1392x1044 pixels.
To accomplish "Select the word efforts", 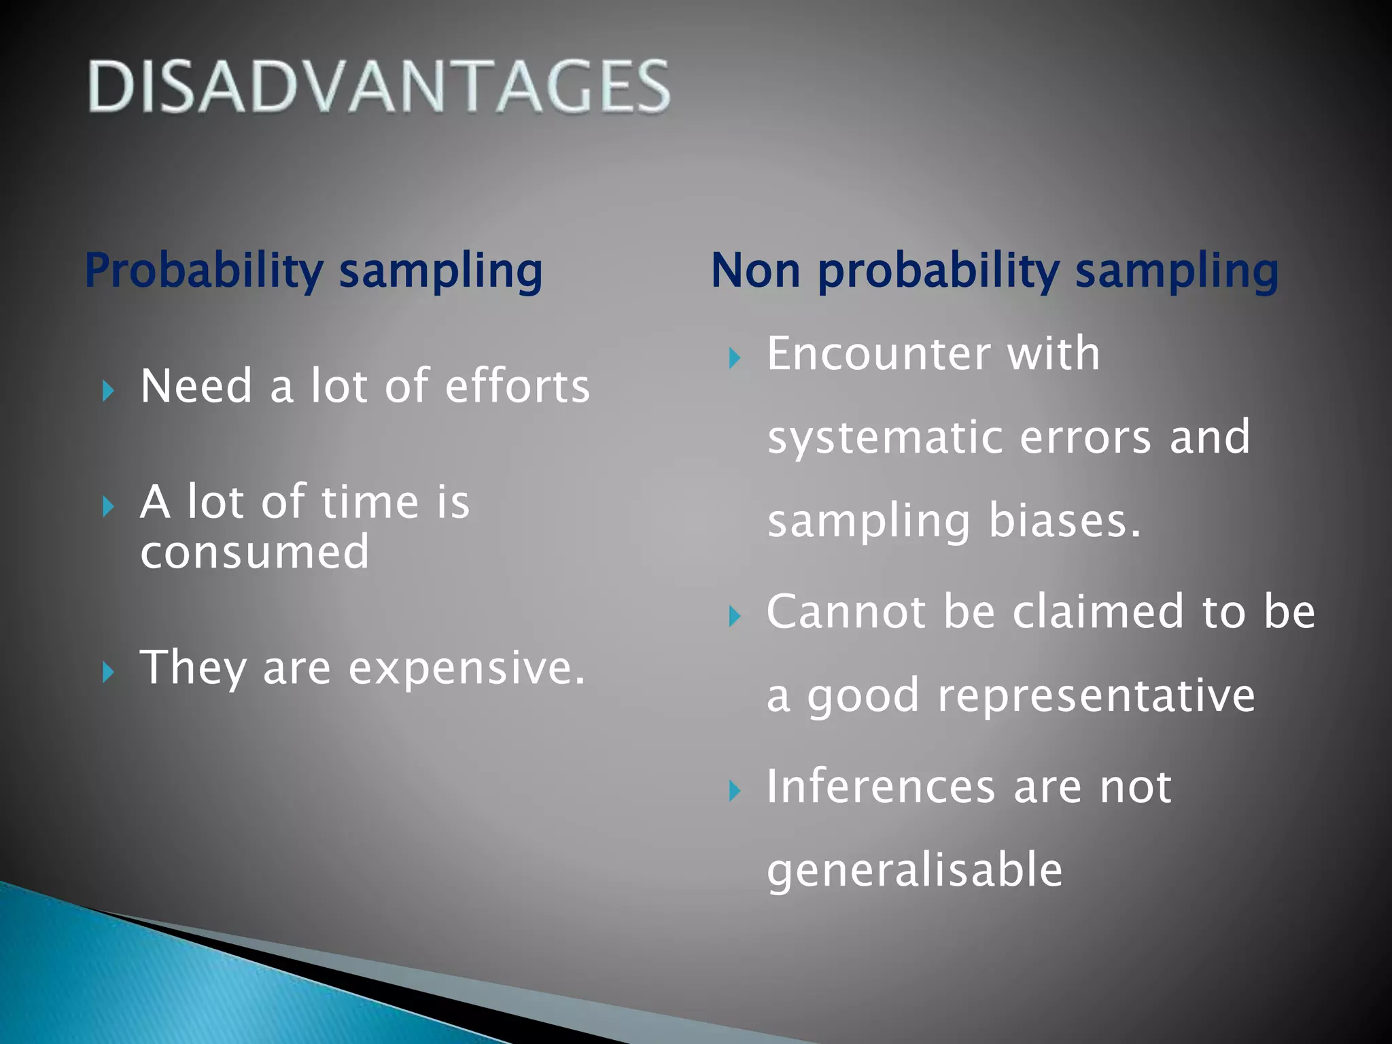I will [517, 386].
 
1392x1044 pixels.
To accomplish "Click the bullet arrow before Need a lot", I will [107, 391].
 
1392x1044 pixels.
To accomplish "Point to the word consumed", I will [255, 551].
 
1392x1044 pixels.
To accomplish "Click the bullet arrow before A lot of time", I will [107, 506].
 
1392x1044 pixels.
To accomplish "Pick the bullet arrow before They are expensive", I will [107, 672].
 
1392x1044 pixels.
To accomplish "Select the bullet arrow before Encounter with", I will [734, 358].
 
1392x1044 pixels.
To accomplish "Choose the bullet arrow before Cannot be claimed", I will [734, 616].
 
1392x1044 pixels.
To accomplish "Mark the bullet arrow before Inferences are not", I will [734, 791].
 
